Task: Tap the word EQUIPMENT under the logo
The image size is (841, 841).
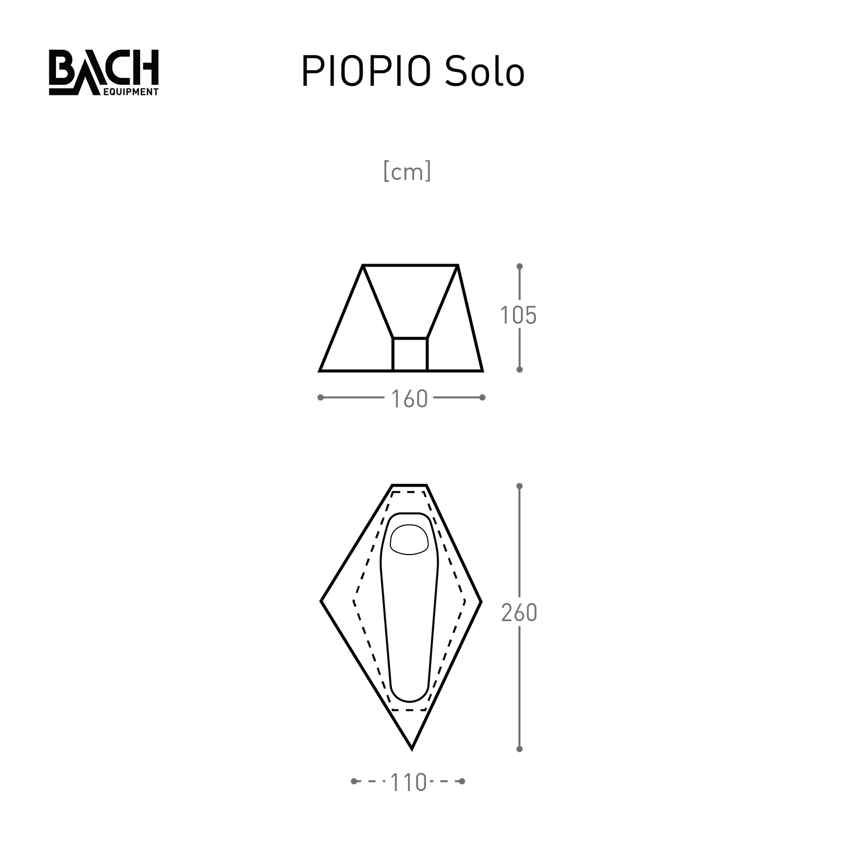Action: (131, 91)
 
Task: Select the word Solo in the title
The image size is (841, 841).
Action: (484, 72)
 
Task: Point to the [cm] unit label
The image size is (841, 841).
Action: (407, 172)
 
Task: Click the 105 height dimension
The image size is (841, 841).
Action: (519, 316)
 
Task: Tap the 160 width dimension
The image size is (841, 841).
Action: (409, 399)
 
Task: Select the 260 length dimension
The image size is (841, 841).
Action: (519, 613)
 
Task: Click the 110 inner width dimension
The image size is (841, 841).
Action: (408, 782)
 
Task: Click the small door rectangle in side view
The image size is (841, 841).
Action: (410, 354)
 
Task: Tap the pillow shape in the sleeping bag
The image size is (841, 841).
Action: (409, 540)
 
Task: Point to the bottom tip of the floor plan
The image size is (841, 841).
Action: (412, 748)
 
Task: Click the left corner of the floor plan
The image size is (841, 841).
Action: (322, 601)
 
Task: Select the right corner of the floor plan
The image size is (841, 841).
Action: (481, 601)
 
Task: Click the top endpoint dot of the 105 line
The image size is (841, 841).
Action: (520, 266)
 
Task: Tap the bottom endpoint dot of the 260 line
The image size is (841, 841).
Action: (520, 748)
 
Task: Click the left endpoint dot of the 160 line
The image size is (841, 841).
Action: (320, 398)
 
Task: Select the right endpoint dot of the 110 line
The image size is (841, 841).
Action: (462, 781)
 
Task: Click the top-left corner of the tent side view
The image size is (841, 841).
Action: (363, 265)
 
